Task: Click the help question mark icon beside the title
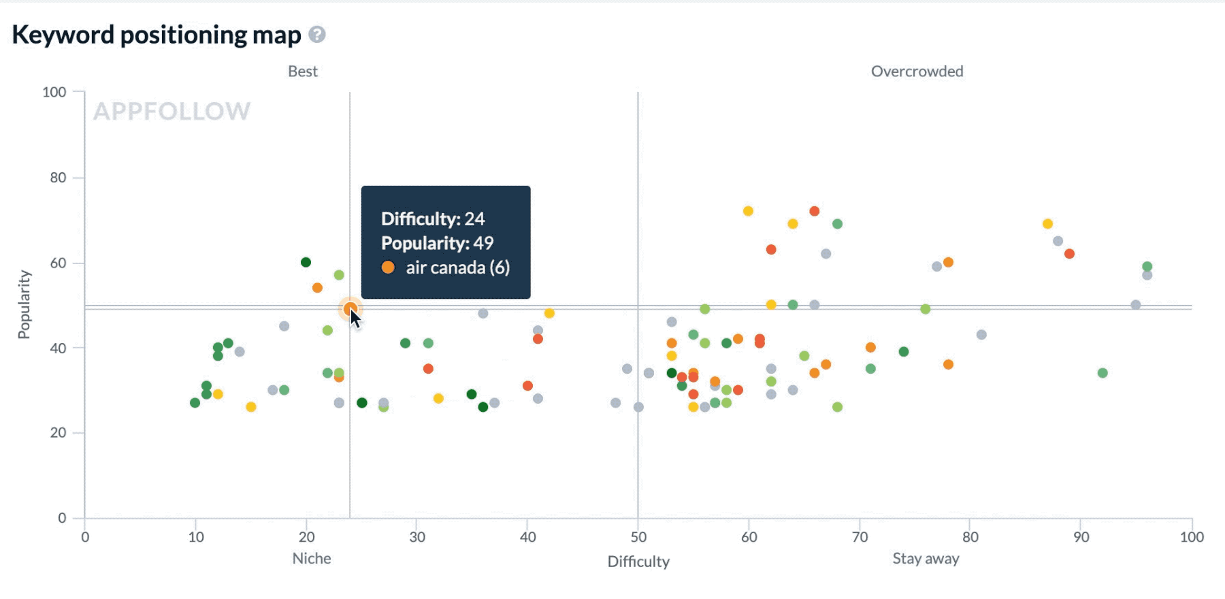[317, 35]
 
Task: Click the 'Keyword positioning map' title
[157, 35]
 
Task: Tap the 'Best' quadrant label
[303, 71]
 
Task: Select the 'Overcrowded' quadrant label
[917, 71]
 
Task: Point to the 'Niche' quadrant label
[312, 559]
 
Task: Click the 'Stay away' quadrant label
[926, 559]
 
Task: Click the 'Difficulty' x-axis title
[638, 562]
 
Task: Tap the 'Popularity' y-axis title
[24, 304]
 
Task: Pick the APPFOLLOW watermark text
[172, 111]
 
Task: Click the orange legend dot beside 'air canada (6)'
[388, 268]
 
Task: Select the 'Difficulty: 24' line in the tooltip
[433, 218]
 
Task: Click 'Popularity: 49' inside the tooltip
[437, 243]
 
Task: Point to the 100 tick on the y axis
[54, 92]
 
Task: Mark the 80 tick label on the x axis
[970, 537]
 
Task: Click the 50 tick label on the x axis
[638, 537]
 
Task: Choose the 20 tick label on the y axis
[58, 433]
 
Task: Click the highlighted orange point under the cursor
[350, 309]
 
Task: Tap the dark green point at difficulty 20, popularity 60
[306, 262]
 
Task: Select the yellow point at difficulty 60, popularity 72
[748, 211]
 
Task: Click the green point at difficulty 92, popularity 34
[1102, 373]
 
